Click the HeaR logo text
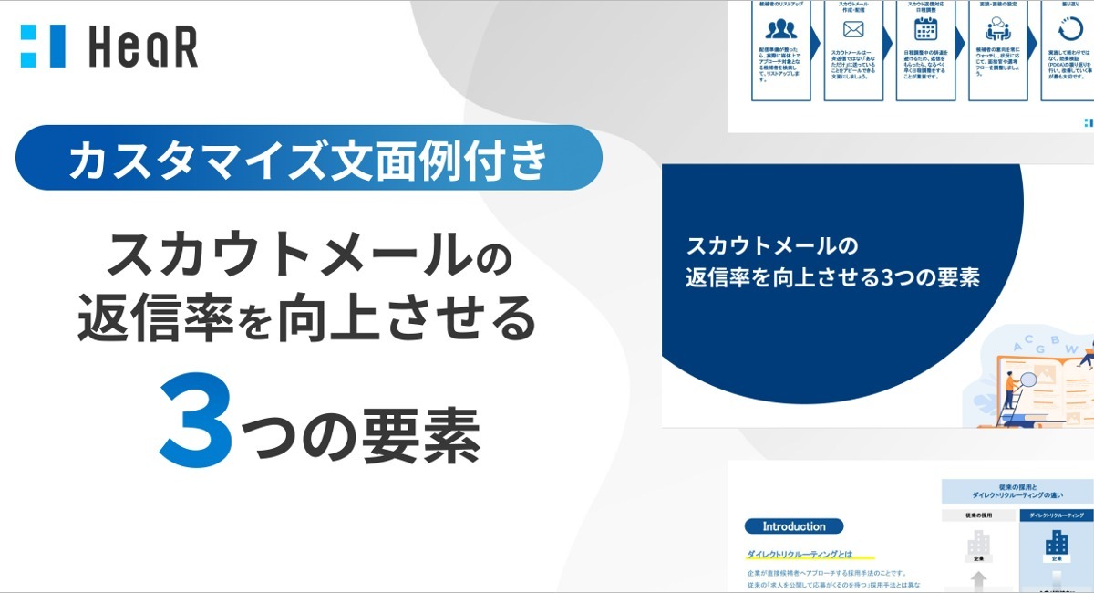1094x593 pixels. click(143, 47)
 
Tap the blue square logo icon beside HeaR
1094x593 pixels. click(43, 47)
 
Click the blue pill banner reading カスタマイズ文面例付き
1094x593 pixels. click(309, 158)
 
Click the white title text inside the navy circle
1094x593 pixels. click(831, 263)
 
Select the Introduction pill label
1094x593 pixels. click(793, 526)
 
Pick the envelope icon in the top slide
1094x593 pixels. click(853, 28)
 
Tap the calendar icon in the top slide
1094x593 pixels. click(926, 28)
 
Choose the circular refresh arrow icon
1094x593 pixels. click(1070, 28)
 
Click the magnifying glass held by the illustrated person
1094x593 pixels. click(1028, 380)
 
